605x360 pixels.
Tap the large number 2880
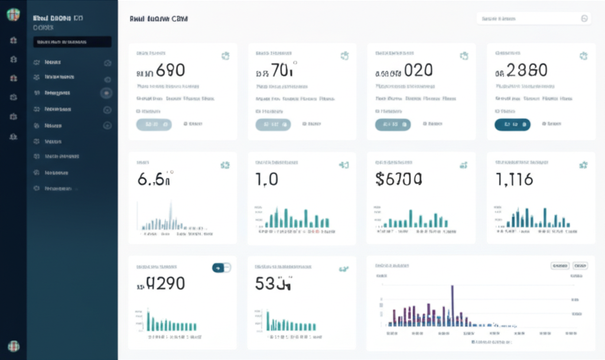pos(527,71)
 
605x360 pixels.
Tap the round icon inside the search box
pos(584,19)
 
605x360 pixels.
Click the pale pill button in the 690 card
pos(154,124)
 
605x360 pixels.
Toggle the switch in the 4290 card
pos(221,268)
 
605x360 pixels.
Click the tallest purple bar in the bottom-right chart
pos(452,304)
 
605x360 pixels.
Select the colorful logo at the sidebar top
pos(13,15)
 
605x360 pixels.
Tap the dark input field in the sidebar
pos(72,42)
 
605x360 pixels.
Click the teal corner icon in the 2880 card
pos(583,56)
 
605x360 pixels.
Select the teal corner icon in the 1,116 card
pos(583,165)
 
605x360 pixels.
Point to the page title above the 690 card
pos(158,19)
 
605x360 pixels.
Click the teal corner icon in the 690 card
pos(225,56)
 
